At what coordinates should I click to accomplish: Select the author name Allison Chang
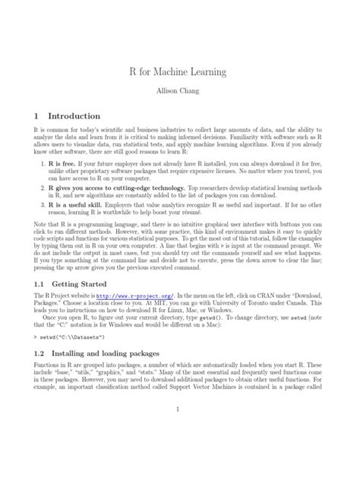point(180,97)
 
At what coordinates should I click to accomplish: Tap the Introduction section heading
point(74,116)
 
